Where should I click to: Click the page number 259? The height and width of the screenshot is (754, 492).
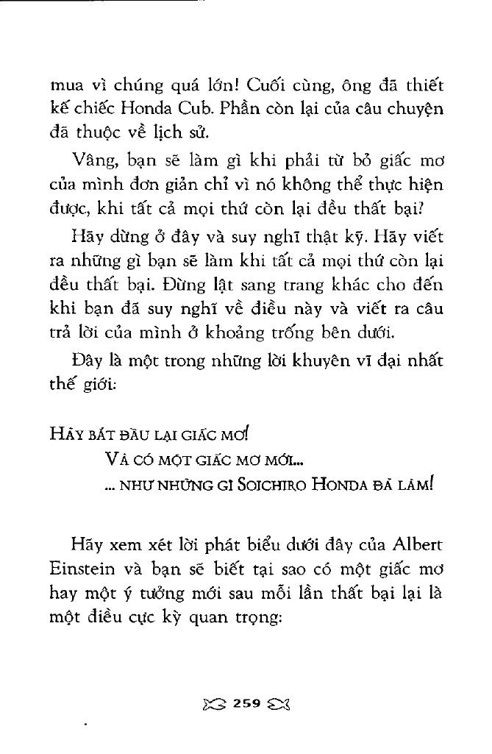pos(246,703)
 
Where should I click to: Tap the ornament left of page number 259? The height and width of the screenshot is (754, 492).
pos(213,703)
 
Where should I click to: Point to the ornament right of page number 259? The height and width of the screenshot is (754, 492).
pos(280,703)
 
